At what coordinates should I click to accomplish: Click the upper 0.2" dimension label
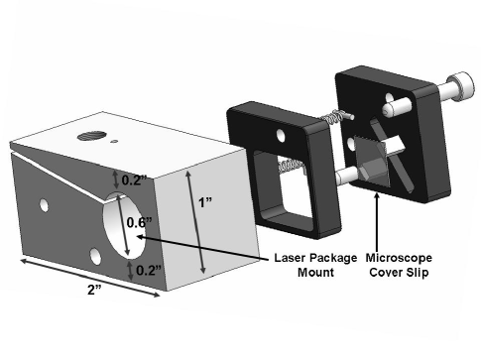point(133,180)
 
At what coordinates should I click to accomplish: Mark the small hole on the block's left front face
point(43,206)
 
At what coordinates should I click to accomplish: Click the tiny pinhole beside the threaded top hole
point(116,143)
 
